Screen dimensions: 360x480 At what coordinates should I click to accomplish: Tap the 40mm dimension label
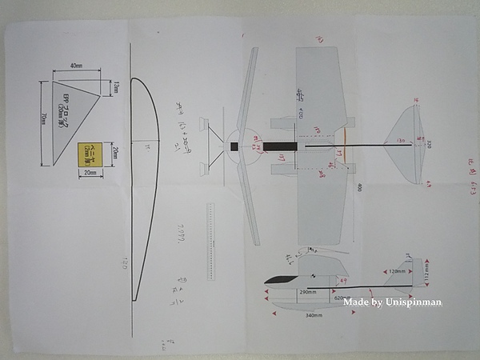(x=76, y=66)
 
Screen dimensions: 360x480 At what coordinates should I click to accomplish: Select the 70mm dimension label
(x=41, y=120)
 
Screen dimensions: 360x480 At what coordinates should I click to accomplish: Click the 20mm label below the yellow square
(x=90, y=173)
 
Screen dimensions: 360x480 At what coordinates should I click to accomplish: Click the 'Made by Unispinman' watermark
(x=392, y=302)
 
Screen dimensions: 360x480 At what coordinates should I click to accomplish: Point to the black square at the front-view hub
(x=234, y=146)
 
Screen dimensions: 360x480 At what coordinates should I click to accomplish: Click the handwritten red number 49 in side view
(x=344, y=281)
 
